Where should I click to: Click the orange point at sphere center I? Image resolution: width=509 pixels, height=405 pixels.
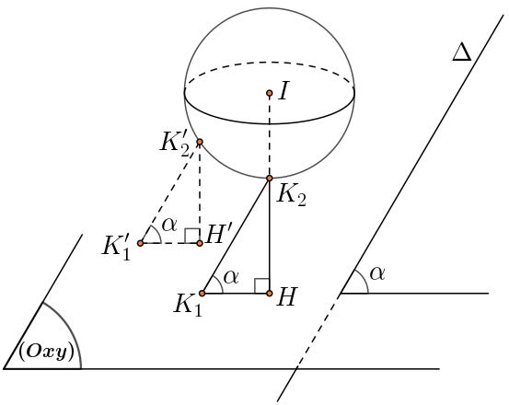269,93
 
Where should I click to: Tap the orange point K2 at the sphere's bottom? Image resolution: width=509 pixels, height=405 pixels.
269,178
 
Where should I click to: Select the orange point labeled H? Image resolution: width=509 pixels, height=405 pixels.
269,294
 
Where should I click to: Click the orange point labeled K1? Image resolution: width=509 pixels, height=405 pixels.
202,294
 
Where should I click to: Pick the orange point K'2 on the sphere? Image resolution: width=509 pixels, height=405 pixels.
200,142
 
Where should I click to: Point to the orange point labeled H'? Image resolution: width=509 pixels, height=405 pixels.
200,243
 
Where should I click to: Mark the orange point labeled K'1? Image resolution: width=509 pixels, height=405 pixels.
140,243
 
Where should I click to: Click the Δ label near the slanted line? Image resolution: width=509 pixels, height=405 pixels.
462,52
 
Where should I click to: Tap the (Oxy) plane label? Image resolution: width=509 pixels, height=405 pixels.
46,353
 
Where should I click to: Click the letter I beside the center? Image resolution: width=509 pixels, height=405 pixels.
283,91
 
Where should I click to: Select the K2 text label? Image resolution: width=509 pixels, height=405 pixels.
291,196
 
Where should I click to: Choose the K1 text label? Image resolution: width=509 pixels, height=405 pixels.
188,305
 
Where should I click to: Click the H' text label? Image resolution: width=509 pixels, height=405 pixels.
219,234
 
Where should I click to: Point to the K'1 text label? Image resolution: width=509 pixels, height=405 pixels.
116,249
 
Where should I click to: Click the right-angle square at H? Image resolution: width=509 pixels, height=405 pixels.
262,286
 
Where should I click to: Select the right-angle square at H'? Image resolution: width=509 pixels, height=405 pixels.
192,236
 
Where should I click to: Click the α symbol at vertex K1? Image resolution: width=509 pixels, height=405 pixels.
231,277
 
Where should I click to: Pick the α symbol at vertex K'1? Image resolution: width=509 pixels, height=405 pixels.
169,225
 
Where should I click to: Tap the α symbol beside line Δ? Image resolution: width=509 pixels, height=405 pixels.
377,273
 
